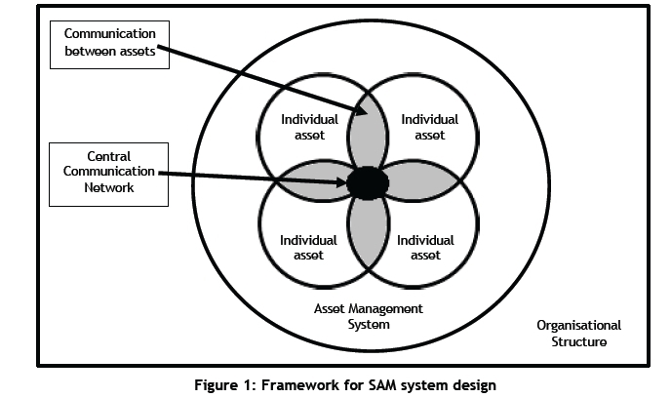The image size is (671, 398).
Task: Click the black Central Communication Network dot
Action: pyautogui.click(x=367, y=181)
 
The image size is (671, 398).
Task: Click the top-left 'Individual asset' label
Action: pyautogui.click(x=309, y=127)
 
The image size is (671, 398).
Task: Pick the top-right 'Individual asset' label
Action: pyautogui.click(x=429, y=127)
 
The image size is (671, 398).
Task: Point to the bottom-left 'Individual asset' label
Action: pyautogui.click(x=308, y=247)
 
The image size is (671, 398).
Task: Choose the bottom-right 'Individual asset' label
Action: pyautogui.click(x=425, y=247)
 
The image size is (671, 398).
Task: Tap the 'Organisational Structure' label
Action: pyautogui.click(x=578, y=334)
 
